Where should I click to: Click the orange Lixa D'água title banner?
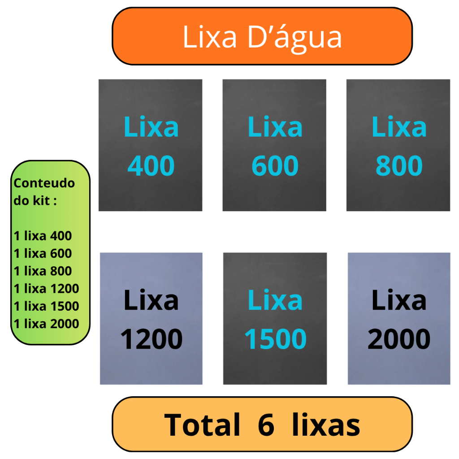click(x=262, y=36)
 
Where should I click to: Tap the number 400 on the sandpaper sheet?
click(x=151, y=166)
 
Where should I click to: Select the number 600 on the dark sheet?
click(x=275, y=166)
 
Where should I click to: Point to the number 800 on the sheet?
click(x=399, y=166)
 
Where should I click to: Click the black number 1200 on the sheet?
click(x=152, y=339)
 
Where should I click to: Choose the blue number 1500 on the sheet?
click(x=275, y=339)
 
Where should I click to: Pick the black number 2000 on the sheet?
click(x=399, y=339)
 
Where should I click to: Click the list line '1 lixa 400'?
click(x=43, y=236)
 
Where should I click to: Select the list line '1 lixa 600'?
click(x=43, y=253)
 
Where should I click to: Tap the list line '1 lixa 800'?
click(x=43, y=271)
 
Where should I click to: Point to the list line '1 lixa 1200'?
click(x=46, y=288)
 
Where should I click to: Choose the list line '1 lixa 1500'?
click(x=46, y=306)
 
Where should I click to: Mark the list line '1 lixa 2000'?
click(x=46, y=324)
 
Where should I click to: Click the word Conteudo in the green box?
click(x=44, y=183)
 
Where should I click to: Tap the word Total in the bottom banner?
click(x=202, y=424)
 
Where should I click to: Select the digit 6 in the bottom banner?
click(x=266, y=425)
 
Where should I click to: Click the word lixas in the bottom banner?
click(x=326, y=424)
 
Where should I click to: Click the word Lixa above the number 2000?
click(x=399, y=300)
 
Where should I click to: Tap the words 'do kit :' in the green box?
click(x=35, y=200)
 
